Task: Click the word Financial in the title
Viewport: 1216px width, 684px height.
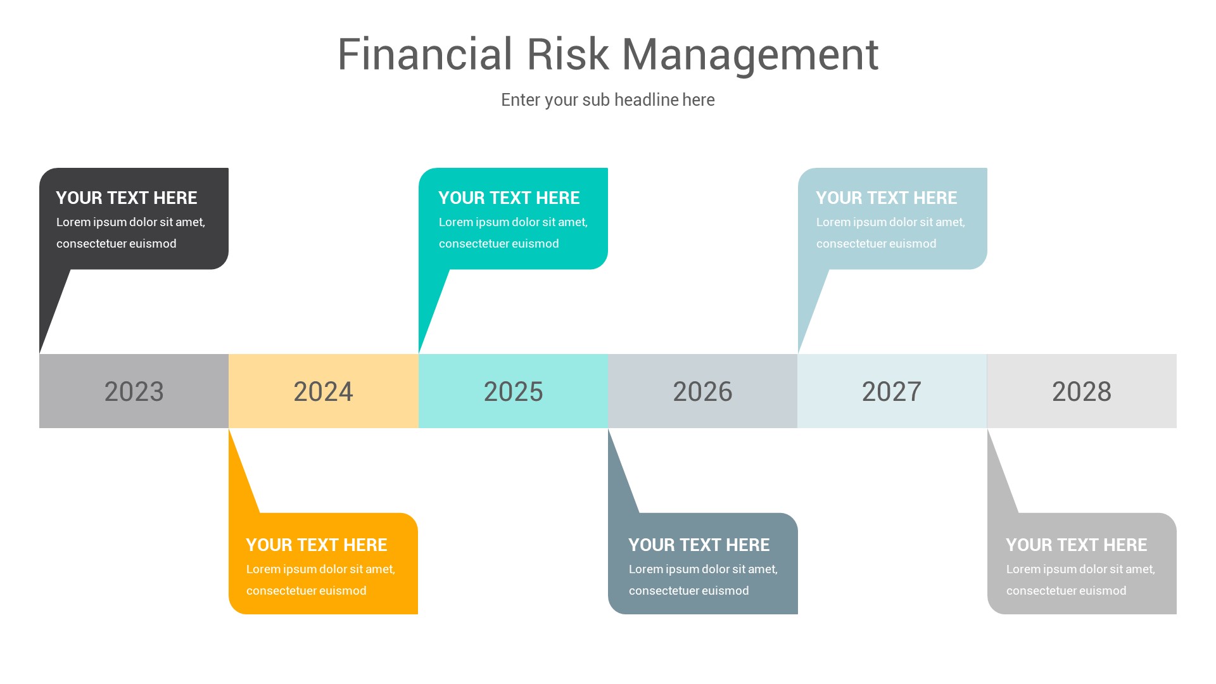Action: click(x=424, y=54)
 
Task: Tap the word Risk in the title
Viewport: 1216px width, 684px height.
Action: click(x=567, y=54)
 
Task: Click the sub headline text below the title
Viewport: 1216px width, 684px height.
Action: click(x=607, y=100)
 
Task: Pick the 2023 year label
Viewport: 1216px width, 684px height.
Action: click(x=134, y=391)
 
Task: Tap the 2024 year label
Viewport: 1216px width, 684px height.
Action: click(x=323, y=391)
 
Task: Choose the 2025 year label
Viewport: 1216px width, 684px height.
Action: click(x=513, y=391)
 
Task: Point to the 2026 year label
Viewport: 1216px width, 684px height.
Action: click(x=702, y=391)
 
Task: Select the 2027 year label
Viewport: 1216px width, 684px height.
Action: click(x=892, y=391)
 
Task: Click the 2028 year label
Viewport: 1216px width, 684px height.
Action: click(x=1082, y=391)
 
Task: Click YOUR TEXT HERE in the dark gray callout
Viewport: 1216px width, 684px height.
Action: click(x=127, y=198)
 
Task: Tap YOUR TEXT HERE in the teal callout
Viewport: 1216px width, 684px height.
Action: click(x=509, y=198)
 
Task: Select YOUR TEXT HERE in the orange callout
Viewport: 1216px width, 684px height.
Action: click(x=317, y=545)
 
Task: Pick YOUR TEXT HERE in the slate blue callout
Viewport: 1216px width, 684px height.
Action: click(x=699, y=545)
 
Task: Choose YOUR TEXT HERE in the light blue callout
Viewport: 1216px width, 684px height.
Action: click(x=887, y=198)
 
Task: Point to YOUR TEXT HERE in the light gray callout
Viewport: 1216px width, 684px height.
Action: click(x=1077, y=545)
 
